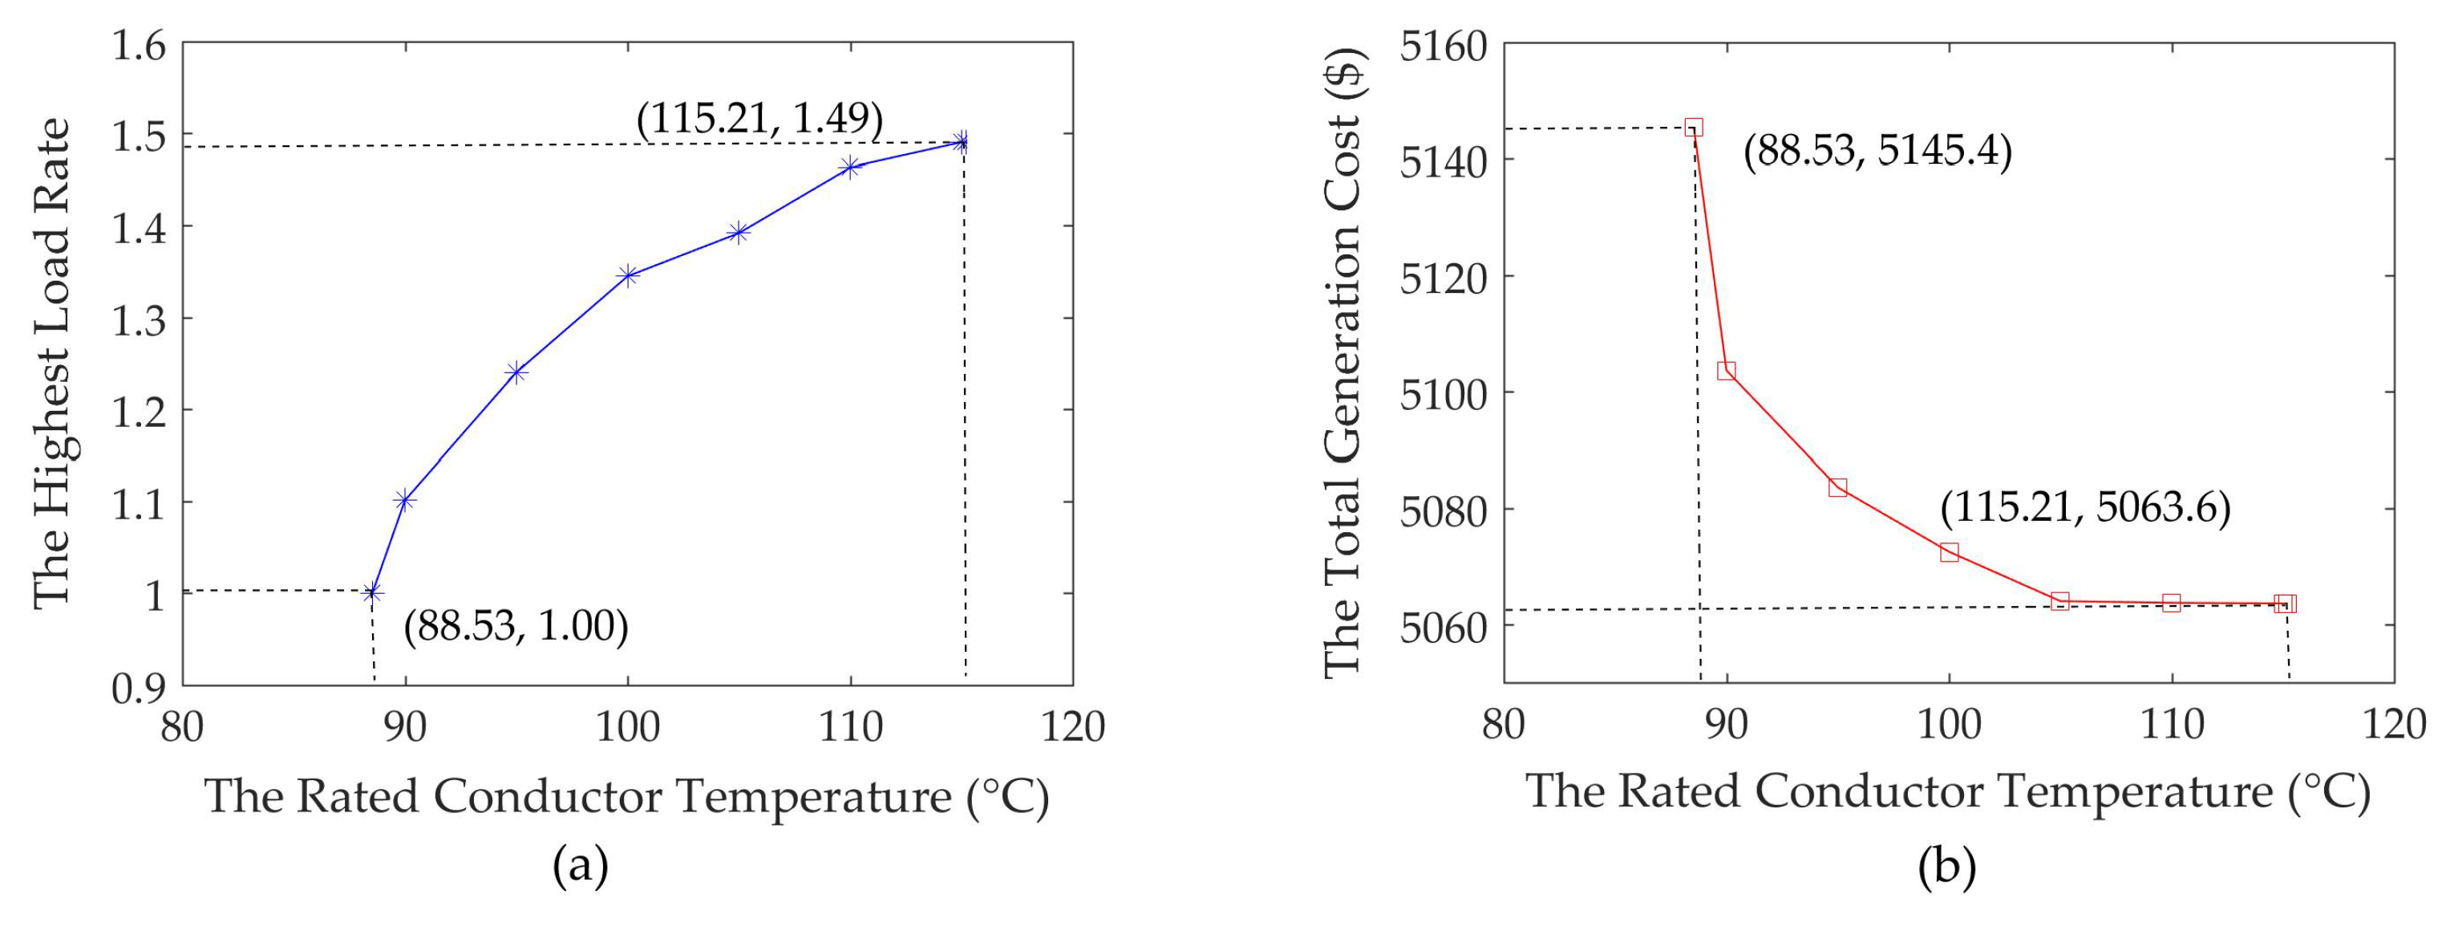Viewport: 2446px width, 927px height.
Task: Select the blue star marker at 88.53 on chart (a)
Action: [x=372, y=592]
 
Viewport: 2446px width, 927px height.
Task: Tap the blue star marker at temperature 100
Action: [x=628, y=275]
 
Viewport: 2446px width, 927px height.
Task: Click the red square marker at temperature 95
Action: [x=1837, y=487]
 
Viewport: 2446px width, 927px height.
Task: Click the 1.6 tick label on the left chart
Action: [x=139, y=45]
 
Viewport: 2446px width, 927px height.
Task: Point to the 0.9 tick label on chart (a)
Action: [x=139, y=688]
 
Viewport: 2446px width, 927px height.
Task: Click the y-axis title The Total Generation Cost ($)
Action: [x=1342, y=363]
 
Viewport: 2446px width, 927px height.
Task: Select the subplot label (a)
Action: [x=580, y=865]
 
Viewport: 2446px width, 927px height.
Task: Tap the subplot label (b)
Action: [x=1946, y=865]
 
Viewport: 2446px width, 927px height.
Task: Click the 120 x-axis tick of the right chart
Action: [x=2393, y=726]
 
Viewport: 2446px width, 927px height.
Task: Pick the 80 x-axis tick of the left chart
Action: [x=182, y=727]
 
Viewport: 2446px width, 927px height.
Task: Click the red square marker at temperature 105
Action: [x=2059, y=601]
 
